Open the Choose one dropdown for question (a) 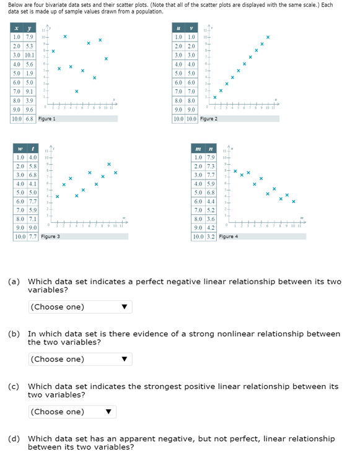80,307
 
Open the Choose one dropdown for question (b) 80,359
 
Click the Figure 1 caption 46,118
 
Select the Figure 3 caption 50,237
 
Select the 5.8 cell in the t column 31,167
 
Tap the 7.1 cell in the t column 31,219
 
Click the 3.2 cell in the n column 210,237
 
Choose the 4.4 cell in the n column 210,201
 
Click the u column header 178,28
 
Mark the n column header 210,149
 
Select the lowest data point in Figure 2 215,98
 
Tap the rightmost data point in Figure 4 294,201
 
